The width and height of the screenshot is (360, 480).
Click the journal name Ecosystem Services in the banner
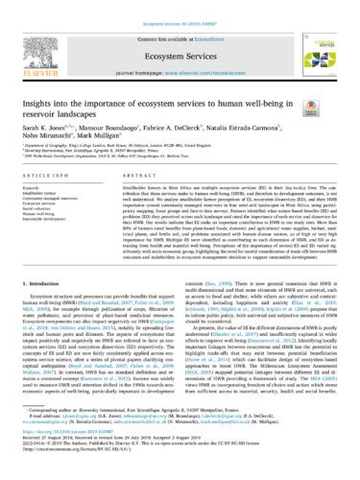(180, 32)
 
